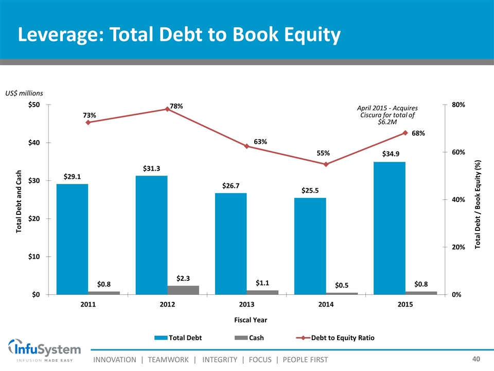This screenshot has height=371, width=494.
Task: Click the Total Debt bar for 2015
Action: [x=390, y=228]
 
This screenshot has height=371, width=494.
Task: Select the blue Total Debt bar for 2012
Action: [x=151, y=235]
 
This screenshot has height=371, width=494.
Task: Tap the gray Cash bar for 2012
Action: [x=183, y=290]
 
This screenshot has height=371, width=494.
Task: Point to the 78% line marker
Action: [x=167, y=109]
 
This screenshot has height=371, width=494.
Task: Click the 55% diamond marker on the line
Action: [x=326, y=164]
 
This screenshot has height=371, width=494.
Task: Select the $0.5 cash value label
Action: [x=342, y=285]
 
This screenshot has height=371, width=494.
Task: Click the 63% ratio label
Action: [x=260, y=142]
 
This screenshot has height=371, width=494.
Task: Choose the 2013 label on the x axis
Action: [x=246, y=305]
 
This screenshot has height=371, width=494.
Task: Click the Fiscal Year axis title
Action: [x=246, y=320]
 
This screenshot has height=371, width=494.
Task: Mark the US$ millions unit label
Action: [x=24, y=93]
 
